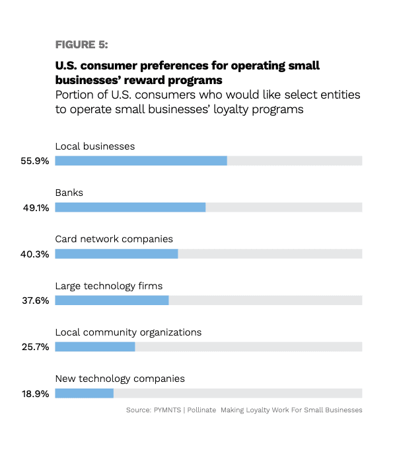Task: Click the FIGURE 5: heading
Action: click(x=81, y=44)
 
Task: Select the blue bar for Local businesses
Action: click(x=141, y=161)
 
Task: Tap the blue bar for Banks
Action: click(x=130, y=207)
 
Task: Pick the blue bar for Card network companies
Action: click(x=116, y=253)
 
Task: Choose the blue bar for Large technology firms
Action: click(x=112, y=300)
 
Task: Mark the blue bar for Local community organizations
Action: click(x=95, y=347)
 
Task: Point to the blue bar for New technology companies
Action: click(x=85, y=393)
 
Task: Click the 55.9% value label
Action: click(x=35, y=161)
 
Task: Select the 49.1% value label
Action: click(x=35, y=207)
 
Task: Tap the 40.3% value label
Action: click(x=35, y=254)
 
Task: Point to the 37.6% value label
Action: click(x=35, y=300)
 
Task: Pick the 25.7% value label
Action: click(x=35, y=347)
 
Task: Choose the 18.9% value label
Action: click(x=35, y=394)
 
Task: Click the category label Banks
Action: click(x=69, y=193)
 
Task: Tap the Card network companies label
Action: click(x=114, y=239)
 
